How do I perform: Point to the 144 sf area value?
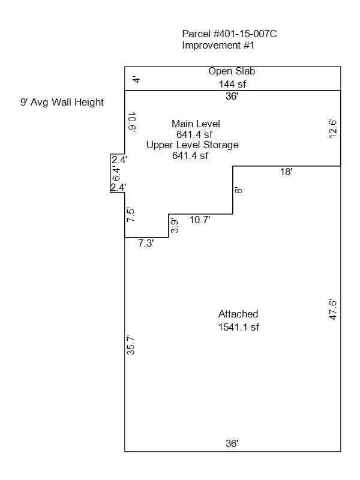click(232, 84)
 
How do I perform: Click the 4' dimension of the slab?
click(137, 79)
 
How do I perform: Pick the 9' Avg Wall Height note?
click(62, 102)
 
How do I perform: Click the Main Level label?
click(196, 124)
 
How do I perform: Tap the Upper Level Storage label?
click(192, 145)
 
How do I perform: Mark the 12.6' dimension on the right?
click(333, 128)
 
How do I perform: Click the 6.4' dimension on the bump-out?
click(117, 174)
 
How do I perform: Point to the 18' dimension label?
click(286, 172)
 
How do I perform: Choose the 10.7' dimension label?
click(200, 220)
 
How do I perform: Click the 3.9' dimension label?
click(175, 226)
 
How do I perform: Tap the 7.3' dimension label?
click(146, 244)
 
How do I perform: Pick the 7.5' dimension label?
click(131, 215)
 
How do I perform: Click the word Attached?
click(238, 314)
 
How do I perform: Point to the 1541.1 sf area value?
click(238, 327)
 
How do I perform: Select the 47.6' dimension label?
click(333, 309)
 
